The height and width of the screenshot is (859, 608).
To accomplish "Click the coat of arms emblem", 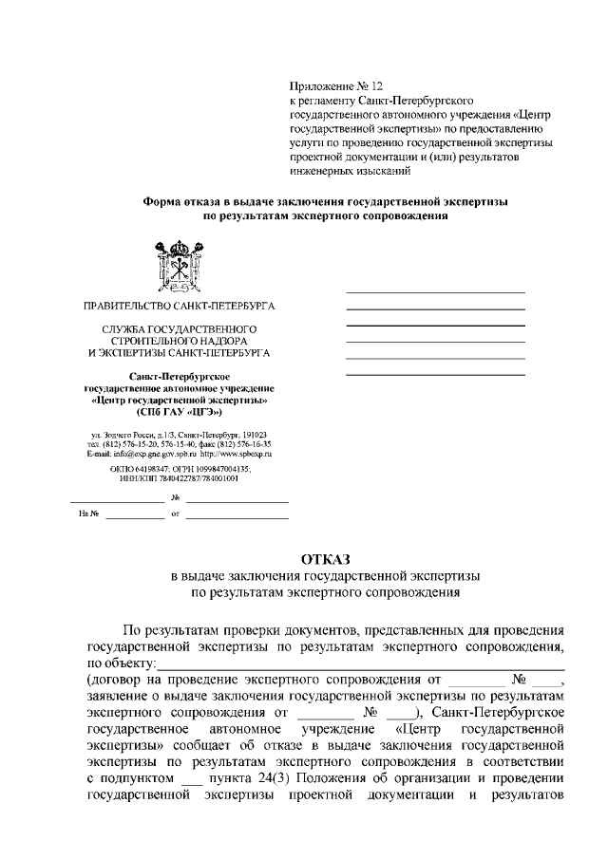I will pos(178,267).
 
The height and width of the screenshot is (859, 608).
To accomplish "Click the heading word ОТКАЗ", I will pos(325,558).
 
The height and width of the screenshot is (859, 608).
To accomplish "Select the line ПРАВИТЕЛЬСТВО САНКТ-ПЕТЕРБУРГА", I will pos(179,308).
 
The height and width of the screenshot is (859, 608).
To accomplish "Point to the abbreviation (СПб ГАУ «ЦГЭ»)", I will pos(179,414).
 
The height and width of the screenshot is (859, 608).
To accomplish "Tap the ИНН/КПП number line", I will pos(179,478).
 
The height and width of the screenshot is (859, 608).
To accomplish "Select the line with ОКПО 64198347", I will pos(179,468).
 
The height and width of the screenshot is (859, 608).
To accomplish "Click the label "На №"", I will pos(89,514).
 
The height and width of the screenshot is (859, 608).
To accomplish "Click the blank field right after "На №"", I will pos(134,516).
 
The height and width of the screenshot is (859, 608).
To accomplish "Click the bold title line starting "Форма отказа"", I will pos(325,201).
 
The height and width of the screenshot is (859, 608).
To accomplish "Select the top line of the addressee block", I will pos(435,291).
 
